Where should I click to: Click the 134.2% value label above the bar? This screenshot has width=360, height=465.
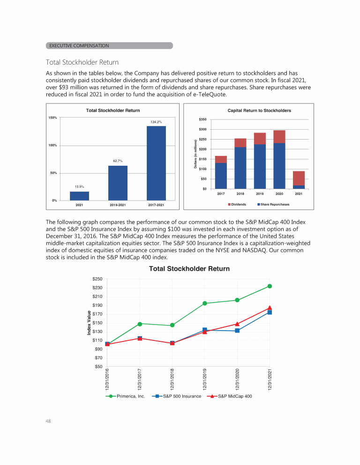click(156, 122)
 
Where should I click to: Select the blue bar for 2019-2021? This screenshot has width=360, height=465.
click(118, 183)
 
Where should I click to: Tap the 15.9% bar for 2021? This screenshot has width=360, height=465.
click(80, 196)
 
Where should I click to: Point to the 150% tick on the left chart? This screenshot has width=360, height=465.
click(52, 118)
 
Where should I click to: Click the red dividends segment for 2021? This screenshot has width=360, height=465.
click(299, 178)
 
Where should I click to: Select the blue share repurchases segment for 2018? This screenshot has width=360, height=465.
click(240, 168)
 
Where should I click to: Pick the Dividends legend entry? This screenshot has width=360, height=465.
click(237, 205)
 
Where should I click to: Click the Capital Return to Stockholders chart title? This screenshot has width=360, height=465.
click(259, 111)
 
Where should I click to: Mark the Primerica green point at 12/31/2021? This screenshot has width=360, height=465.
click(270, 286)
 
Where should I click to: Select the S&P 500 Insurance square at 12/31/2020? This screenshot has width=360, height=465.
click(237, 331)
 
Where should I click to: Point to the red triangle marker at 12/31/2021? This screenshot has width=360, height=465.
click(270, 308)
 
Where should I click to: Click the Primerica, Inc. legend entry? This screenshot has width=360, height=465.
click(127, 396)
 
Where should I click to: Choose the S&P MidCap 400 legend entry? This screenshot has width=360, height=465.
click(232, 396)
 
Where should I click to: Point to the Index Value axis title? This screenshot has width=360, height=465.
click(89, 323)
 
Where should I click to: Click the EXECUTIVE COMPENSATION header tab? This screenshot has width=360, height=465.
click(79, 45)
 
